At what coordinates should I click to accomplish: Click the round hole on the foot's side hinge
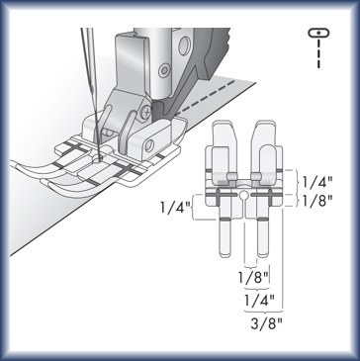148,145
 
